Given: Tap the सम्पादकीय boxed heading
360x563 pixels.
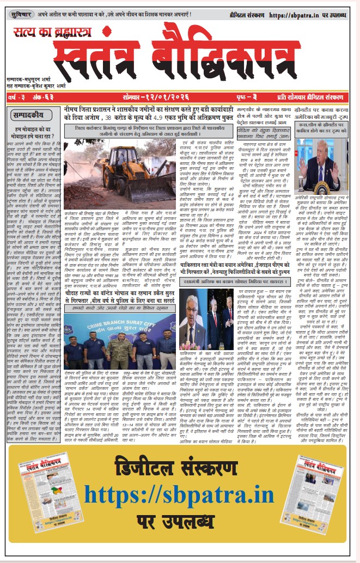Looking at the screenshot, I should [x=30, y=116].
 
